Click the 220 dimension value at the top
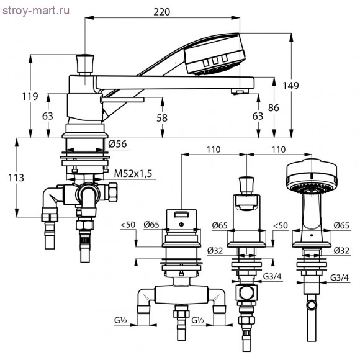[161, 12]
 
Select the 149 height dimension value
[290, 86]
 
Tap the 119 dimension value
[30, 96]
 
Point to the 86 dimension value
[274, 107]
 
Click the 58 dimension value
[162, 118]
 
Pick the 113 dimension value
[16, 178]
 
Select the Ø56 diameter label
[117, 144]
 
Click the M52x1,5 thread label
[133, 174]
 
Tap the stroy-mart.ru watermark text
[36, 11]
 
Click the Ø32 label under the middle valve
[215, 251]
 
